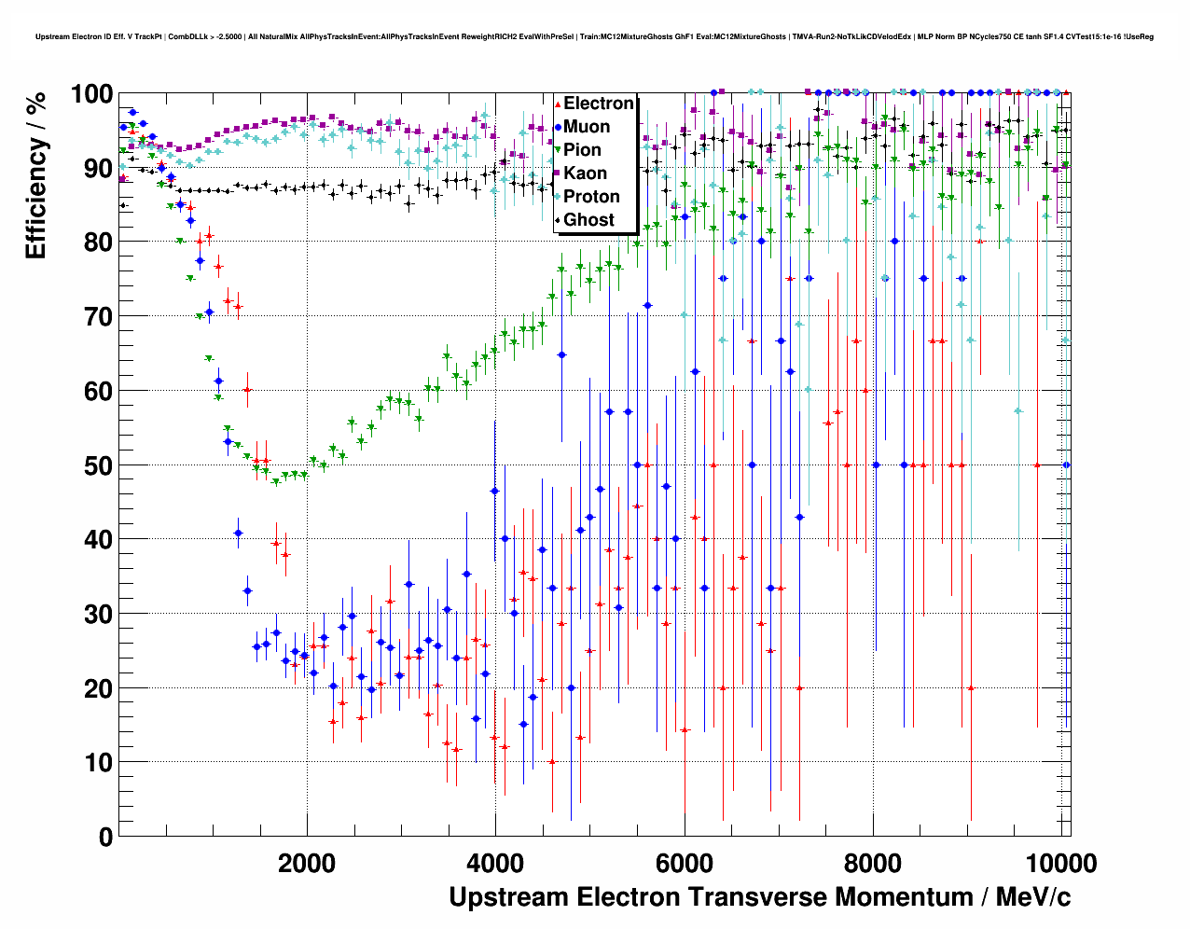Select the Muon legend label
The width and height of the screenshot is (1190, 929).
click(x=587, y=127)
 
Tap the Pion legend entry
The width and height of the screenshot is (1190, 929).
click(x=582, y=150)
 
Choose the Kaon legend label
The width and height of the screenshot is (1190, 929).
click(x=585, y=173)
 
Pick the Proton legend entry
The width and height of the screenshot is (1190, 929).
click(x=591, y=197)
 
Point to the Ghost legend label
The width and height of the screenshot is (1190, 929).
click(x=588, y=220)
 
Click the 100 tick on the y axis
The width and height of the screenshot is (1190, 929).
click(x=91, y=94)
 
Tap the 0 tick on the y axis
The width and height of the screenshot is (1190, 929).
click(x=105, y=837)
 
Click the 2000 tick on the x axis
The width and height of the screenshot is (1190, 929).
click(x=307, y=863)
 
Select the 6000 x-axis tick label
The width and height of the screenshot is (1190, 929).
click(x=685, y=863)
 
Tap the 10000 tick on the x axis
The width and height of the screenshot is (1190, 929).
click(x=1059, y=863)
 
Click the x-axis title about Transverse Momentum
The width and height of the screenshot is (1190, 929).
click(x=759, y=897)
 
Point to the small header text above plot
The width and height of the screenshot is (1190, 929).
click(x=594, y=36)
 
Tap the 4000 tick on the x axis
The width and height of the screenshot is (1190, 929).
click(x=495, y=863)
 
